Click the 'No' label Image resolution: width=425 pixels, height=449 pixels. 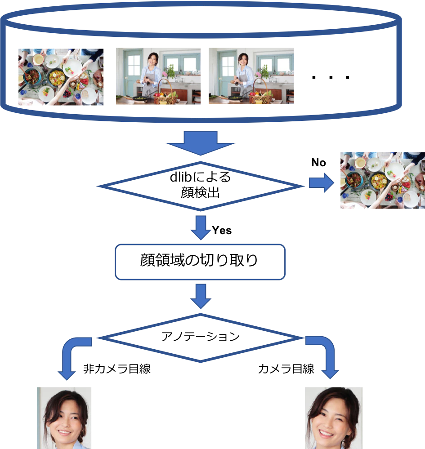[x=319, y=163]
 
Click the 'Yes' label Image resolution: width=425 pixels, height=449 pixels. [x=222, y=230]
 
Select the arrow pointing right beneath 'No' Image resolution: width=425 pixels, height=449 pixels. [x=322, y=182]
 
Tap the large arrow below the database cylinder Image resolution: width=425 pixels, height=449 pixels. [x=200, y=143]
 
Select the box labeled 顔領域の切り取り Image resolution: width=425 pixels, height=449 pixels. [x=200, y=262]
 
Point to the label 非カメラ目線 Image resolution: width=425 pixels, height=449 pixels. [x=117, y=369]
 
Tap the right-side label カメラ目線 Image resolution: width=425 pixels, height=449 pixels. [x=286, y=369]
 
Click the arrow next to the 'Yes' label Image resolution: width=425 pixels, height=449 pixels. [x=201, y=228]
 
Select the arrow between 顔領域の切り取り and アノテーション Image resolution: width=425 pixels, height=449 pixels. [x=201, y=296]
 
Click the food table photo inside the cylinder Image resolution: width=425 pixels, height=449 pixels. [x=61, y=77]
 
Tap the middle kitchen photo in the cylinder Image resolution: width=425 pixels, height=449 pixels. [x=158, y=76]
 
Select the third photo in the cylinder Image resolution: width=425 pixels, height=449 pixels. [x=251, y=76]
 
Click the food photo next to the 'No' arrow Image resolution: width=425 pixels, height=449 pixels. [x=383, y=180]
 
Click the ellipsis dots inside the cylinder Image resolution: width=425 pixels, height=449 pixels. [x=331, y=77]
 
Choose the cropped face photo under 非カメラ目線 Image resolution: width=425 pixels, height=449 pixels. [x=64, y=418]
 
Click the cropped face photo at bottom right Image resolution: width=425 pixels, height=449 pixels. [x=334, y=418]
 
